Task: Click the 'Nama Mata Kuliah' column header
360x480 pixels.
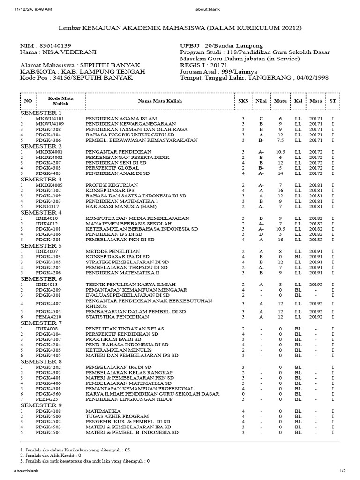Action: (160, 101)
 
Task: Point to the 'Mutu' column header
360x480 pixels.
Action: (280, 101)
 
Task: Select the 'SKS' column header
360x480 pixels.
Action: (243, 101)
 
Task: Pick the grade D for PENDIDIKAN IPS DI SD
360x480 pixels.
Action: (261, 234)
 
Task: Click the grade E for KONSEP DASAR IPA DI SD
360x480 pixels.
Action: (261, 256)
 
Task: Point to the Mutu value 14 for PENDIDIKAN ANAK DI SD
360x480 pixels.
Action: (280, 173)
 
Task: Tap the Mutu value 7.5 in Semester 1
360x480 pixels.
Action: (280, 140)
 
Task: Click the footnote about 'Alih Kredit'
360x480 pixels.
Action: (51, 455)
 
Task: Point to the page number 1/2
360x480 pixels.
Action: (342, 471)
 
